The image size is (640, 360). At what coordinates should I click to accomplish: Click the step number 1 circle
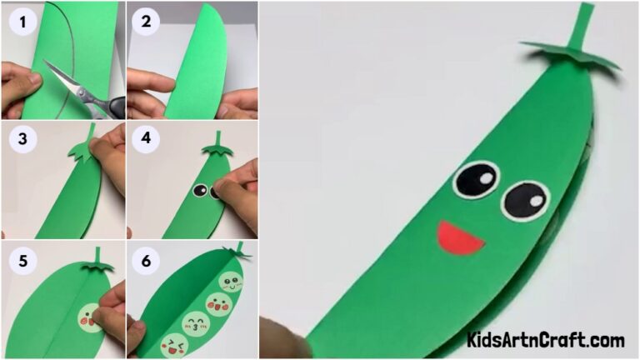point(22,22)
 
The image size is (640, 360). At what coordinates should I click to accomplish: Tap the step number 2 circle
point(146,22)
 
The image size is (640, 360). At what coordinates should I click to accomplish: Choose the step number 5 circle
point(22,260)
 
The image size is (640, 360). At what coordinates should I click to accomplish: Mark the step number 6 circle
point(146,260)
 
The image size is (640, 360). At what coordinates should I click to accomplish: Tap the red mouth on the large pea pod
point(461,237)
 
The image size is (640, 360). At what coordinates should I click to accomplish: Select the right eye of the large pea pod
point(526,201)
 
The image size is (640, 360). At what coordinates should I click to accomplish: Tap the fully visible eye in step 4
point(199,191)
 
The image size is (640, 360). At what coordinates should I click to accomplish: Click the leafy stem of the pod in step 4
point(217,147)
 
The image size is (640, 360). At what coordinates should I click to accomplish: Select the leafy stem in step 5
point(98,262)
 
